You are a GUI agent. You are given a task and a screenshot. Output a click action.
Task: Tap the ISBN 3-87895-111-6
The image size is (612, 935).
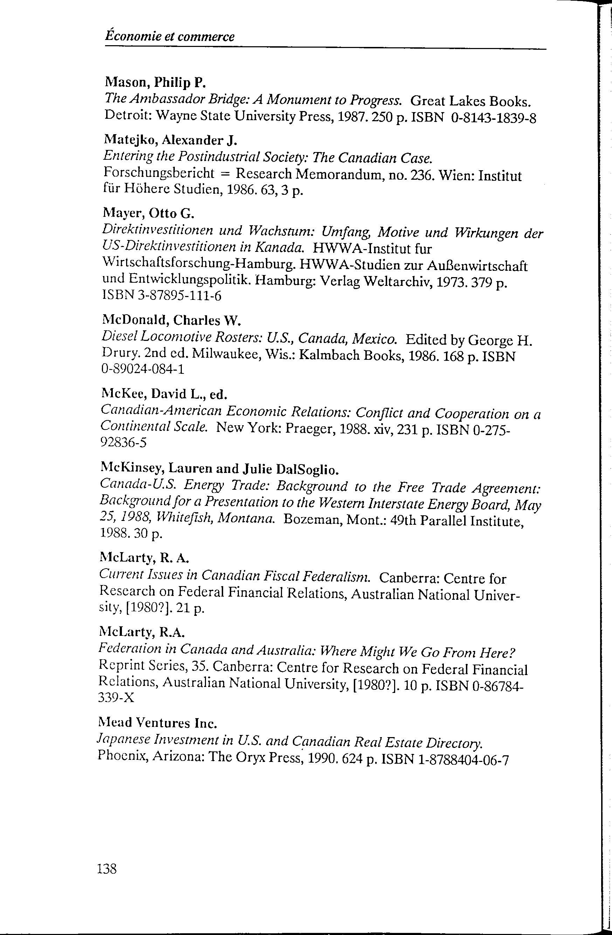point(161,295)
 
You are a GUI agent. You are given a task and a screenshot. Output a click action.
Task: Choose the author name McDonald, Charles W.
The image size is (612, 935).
point(171,320)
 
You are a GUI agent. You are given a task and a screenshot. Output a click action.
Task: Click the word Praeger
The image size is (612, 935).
point(308,428)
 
